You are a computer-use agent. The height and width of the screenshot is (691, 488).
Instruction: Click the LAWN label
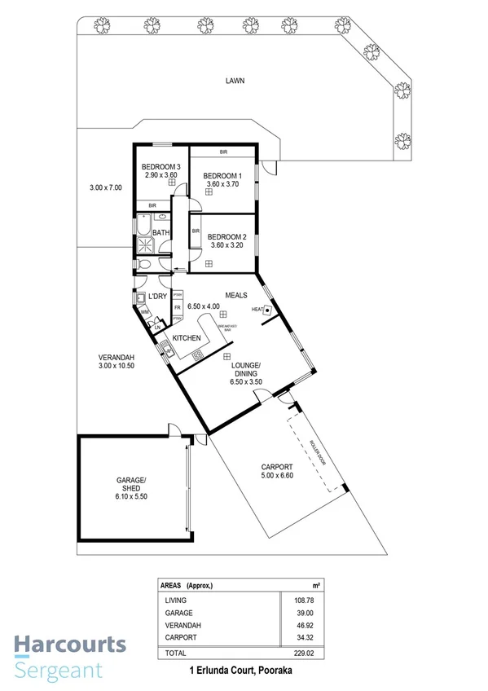pyautogui.click(x=235, y=81)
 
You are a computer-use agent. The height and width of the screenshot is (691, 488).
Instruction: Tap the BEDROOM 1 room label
pyautogui.click(x=222, y=176)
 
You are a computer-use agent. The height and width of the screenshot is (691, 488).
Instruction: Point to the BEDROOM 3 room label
pyautogui.click(x=160, y=166)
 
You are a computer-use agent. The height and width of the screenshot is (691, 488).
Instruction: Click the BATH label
pyautogui.click(x=160, y=232)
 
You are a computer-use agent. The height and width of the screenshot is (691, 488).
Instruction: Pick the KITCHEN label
pyautogui.click(x=187, y=337)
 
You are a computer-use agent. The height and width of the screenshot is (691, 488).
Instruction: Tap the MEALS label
pyautogui.click(x=236, y=295)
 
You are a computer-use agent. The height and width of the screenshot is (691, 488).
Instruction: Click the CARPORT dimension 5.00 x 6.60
pyautogui.click(x=281, y=475)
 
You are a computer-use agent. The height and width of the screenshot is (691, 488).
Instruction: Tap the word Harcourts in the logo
pyautogui.click(x=69, y=645)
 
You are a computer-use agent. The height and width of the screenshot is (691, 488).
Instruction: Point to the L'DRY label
pyautogui.click(x=157, y=295)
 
